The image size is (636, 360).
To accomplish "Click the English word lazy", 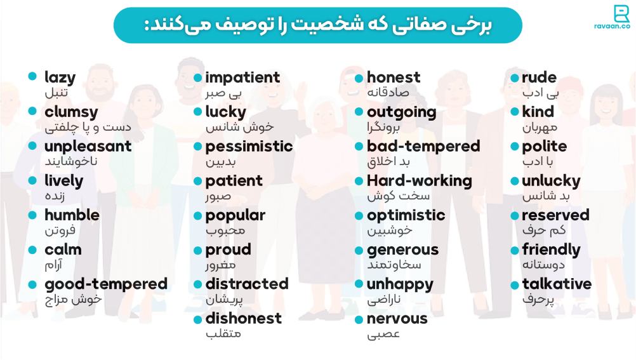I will click(60, 78).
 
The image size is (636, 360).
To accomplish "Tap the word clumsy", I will click(71, 112).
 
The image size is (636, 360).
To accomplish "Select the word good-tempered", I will click(106, 284).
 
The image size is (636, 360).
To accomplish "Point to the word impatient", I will click(242, 78).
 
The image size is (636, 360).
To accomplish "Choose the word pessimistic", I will click(249, 147).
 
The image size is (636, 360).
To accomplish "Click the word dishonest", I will click(243, 318).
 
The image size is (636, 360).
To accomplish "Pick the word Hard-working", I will click(419, 181).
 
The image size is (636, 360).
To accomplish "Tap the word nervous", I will click(397, 318).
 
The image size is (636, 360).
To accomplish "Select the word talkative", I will click(556, 284).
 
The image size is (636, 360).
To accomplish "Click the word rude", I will click(539, 78).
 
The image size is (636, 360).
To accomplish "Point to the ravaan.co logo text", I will click(613, 27).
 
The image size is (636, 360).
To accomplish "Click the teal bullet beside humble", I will click(32, 214).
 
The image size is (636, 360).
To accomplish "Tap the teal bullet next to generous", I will click(359, 250).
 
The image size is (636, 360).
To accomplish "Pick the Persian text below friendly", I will click(543, 264).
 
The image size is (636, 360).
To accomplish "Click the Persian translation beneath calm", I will click(54, 264).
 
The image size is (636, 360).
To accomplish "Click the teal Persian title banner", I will click(317, 25).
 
